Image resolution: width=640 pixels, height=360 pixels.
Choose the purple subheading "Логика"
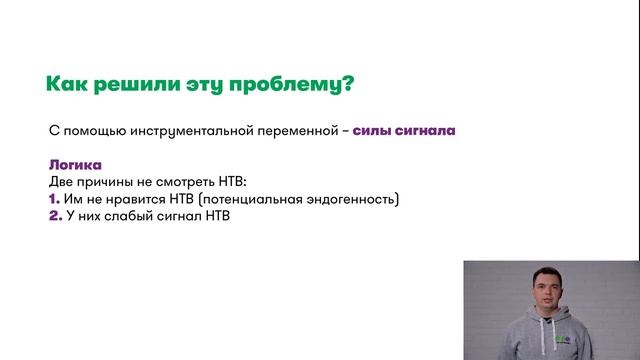click(75, 165)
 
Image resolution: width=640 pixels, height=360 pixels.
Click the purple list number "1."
click(55, 199)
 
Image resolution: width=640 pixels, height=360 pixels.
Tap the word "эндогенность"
click(353, 199)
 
